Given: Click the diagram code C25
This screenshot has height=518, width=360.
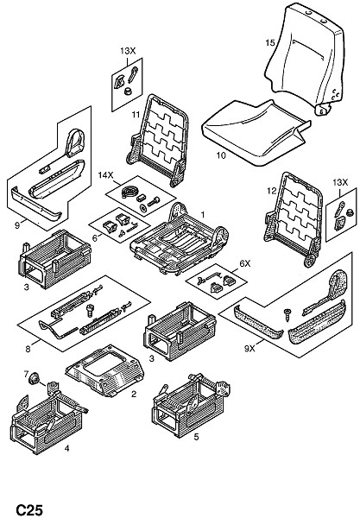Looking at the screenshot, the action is click(x=29, y=509).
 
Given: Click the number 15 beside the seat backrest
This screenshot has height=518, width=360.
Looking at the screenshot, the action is click(x=270, y=42).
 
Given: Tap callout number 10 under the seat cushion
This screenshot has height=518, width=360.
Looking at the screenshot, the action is click(x=221, y=155).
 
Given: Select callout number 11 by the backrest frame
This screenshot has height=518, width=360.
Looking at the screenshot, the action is click(x=136, y=115).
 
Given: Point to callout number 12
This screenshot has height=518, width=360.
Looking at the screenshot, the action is click(x=271, y=191).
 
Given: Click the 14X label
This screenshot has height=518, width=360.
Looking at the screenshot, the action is click(x=105, y=174).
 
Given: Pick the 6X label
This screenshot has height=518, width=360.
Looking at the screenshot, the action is click(x=244, y=263).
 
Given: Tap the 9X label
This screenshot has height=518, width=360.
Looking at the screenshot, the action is click(x=249, y=348).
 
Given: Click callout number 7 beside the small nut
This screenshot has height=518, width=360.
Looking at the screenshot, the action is click(x=27, y=374).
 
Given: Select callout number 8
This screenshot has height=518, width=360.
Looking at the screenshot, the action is click(x=28, y=349).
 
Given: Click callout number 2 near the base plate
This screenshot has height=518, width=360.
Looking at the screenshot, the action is click(x=134, y=394).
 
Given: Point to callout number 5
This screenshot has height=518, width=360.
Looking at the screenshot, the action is click(x=196, y=437).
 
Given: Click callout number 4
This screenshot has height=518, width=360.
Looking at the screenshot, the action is click(x=66, y=448).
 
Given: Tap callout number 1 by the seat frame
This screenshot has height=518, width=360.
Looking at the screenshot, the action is click(x=203, y=214).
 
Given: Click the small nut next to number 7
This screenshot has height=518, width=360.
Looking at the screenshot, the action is click(x=34, y=378).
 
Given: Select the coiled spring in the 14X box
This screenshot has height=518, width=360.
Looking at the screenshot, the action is click(x=128, y=192).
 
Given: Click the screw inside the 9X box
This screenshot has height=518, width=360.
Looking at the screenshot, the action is click(x=287, y=314).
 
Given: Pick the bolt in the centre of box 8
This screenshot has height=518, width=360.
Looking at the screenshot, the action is click(x=90, y=311).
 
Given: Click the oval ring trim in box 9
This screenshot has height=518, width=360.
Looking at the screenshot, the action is click(x=75, y=142).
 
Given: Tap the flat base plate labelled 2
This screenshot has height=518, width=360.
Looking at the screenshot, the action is click(x=104, y=370).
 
